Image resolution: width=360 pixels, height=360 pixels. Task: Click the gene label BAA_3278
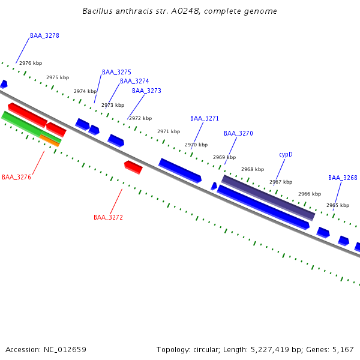(44, 36)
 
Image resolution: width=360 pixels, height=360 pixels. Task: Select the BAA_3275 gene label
(116, 72)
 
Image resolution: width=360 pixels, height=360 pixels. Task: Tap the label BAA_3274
(134, 82)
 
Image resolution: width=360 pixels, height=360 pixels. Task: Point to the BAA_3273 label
(146, 91)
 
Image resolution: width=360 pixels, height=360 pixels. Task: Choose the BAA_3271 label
(205, 119)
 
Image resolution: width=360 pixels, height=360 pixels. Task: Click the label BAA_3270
(238, 133)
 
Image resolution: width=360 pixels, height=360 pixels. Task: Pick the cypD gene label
(286, 155)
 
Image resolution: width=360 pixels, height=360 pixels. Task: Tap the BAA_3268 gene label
(343, 178)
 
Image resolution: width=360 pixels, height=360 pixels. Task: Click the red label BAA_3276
(16, 178)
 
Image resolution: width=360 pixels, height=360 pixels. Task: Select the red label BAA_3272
(108, 218)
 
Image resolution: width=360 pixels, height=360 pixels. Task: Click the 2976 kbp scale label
(31, 63)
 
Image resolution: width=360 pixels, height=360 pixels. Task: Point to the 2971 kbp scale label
(169, 131)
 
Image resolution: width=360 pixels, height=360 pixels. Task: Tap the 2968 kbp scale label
(253, 169)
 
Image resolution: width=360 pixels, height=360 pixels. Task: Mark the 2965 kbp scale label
(338, 205)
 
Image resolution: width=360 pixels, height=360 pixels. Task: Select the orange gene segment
(50, 140)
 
